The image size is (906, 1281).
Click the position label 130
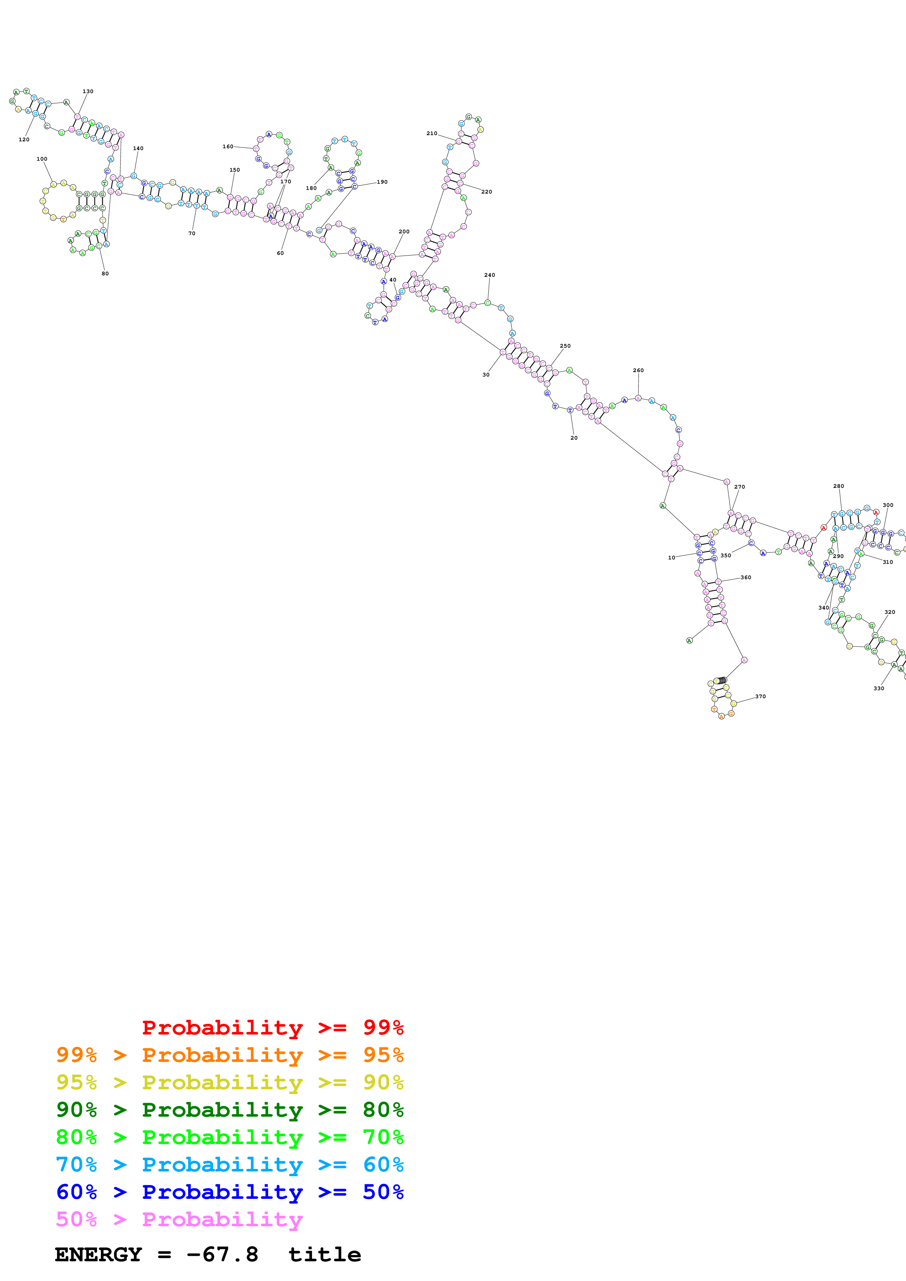coord(88,92)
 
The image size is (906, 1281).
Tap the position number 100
coord(42,159)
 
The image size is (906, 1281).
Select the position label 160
coord(228,147)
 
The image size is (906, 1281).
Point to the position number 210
coord(432,133)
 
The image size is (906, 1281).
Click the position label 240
coord(490,275)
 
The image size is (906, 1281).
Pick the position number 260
coord(638,371)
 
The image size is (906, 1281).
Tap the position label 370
coord(760,696)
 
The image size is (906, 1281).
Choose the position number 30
coord(486,375)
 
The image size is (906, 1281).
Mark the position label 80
coord(105,274)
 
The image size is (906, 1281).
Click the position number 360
coord(746,577)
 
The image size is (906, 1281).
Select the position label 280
coord(838,486)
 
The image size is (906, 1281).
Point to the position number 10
coord(671,557)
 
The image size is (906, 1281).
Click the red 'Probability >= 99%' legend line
coord(272,1028)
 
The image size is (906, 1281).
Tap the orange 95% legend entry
coord(230,1055)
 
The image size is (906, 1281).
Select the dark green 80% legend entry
coord(230,1110)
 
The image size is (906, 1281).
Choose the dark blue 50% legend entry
coord(230,1192)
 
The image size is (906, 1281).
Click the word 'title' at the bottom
coord(324,1255)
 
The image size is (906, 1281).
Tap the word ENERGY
coord(98,1255)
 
